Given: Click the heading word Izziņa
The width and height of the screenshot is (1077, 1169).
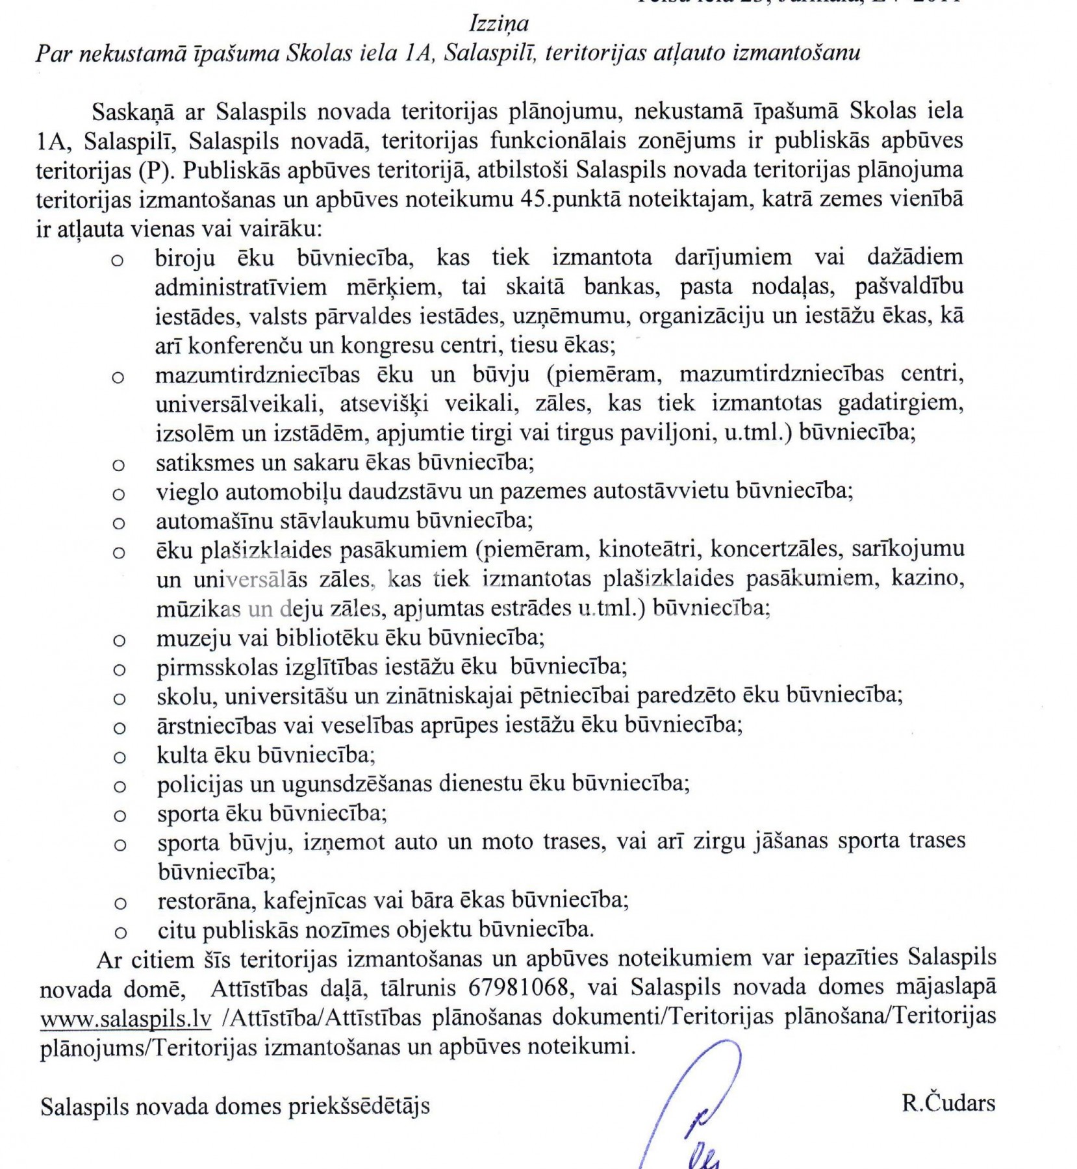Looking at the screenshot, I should click(499, 24).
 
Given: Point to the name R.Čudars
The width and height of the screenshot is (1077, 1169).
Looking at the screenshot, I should click(948, 1103).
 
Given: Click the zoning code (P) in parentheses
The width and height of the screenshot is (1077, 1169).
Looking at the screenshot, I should click(155, 170).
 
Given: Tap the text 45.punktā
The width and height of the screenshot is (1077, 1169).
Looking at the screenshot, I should click(577, 199).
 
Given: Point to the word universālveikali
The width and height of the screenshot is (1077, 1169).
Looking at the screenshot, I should click(239, 404).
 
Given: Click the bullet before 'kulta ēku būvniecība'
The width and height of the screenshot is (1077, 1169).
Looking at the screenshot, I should click(119, 757).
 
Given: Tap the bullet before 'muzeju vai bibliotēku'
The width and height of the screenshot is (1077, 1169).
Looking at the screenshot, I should click(119, 640).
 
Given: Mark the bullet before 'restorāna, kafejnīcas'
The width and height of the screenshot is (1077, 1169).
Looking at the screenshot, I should click(120, 903).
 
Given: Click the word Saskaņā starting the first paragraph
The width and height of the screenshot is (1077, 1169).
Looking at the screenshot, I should click(133, 112).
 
